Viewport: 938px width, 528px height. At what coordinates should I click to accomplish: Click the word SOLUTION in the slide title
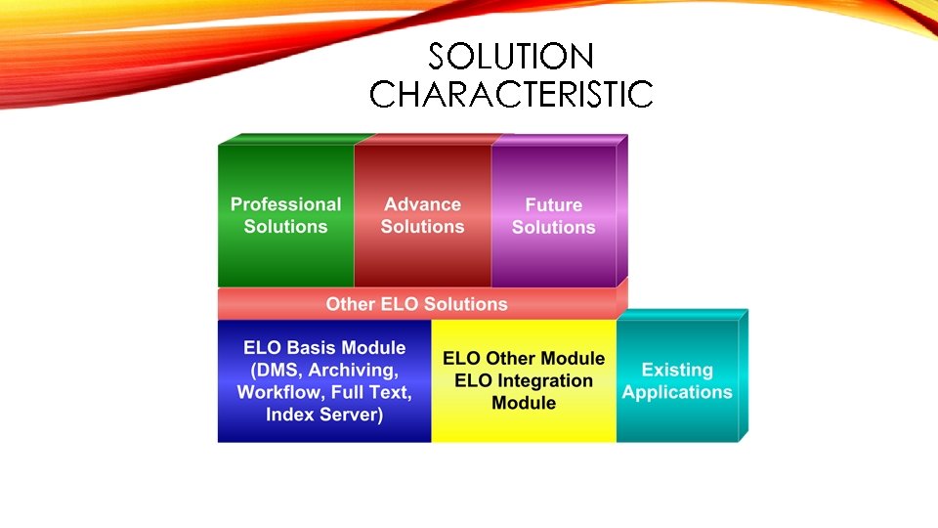510,56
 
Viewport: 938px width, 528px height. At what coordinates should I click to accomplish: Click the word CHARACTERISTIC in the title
510,94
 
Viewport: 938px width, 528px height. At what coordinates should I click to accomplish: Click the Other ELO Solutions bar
416,304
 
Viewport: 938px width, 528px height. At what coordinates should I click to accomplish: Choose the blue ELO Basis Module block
323,381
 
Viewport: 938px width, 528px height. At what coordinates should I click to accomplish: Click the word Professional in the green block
285,204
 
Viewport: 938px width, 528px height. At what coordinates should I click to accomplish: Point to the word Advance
422,204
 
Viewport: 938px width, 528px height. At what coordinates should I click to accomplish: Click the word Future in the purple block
553,205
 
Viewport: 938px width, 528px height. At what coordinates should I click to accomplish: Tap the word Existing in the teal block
677,370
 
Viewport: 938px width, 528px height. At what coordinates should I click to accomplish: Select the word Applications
677,392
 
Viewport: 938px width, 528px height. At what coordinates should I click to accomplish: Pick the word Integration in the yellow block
524,381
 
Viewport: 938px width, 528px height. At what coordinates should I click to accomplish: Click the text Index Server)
323,415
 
